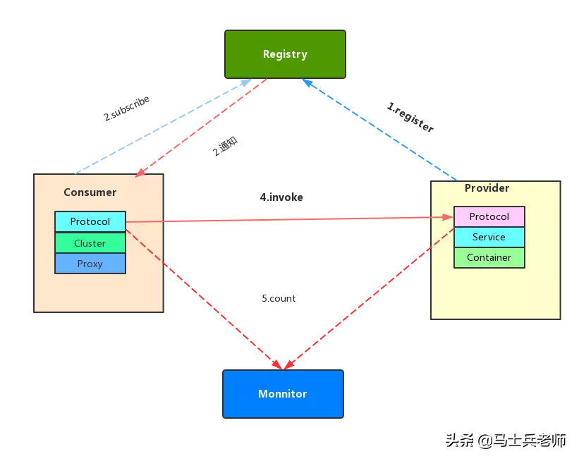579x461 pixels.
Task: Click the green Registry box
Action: click(285, 54)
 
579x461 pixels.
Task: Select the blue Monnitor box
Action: click(283, 394)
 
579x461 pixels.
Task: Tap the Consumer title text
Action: click(90, 192)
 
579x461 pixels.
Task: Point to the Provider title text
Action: click(487, 188)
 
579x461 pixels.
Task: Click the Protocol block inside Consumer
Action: click(90, 221)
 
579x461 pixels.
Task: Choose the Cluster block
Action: click(90, 243)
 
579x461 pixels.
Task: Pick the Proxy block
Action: click(90, 264)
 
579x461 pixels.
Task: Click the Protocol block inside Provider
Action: click(489, 216)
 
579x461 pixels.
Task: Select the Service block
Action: click(489, 237)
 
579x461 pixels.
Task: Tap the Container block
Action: click(489, 257)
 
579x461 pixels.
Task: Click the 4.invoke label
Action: click(281, 197)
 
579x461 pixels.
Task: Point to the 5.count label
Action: click(279, 298)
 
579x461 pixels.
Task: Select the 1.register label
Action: click(410, 118)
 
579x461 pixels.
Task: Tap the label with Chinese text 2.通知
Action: click(225, 147)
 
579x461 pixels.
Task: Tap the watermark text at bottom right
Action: click(504, 440)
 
